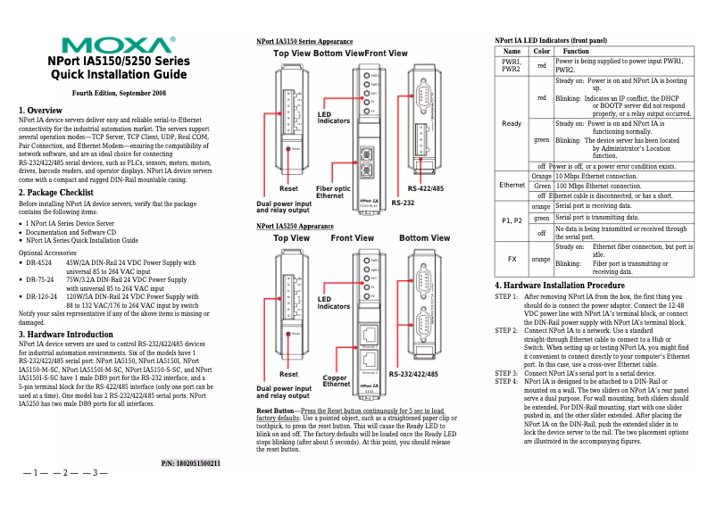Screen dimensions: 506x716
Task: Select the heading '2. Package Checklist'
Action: pyautogui.click(x=56, y=193)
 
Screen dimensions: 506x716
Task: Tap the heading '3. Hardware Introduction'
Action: pyautogui.click(x=66, y=335)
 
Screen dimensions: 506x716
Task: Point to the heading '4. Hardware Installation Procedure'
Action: pyautogui.click(x=560, y=285)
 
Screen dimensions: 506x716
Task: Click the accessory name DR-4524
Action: pyautogui.click(x=39, y=263)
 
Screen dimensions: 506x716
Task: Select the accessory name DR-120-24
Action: pyautogui.click(x=41, y=295)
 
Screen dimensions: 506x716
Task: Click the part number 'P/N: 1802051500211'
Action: pyautogui.click(x=190, y=463)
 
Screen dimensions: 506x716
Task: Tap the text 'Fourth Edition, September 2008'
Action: pyautogui.click(x=119, y=93)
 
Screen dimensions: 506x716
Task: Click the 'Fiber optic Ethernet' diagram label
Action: pyautogui.click(x=336, y=192)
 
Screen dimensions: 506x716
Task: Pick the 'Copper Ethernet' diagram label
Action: pyautogui.click(x=336, y=381)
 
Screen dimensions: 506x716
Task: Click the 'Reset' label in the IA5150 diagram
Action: pyautogui.click(x=288, y=189)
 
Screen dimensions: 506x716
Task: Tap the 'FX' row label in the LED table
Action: pyautogui.click(x=512, y=259)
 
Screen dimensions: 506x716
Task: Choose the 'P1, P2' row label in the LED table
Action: pyautogui.click(x=512, y=220)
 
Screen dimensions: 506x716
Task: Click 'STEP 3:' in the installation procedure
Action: pyautogui.click(x=506, y=372)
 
